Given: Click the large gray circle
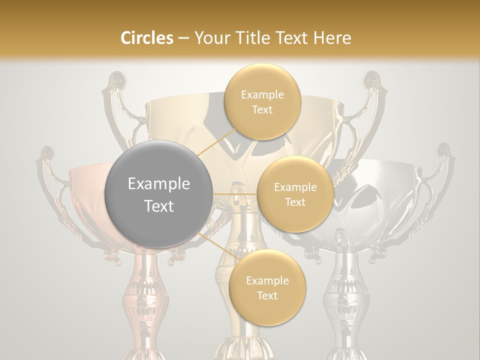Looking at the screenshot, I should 159,194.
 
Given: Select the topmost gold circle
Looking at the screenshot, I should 262,102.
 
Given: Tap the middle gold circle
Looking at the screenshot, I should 295,194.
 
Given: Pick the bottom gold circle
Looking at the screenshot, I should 267,287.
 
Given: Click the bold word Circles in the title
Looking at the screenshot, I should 147,38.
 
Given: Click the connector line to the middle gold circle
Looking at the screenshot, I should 235,193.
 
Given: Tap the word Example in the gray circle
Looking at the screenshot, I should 159,184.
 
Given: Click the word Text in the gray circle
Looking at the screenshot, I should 159,206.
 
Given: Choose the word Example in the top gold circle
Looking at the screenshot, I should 262,95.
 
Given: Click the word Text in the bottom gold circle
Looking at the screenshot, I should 267,295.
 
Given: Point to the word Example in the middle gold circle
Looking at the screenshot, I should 295,187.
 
